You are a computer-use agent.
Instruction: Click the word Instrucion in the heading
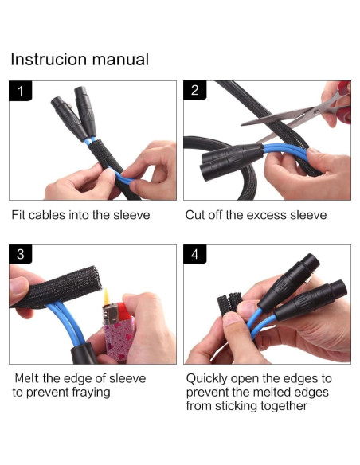pos(49,59)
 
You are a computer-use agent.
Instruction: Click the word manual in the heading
pos(120,59)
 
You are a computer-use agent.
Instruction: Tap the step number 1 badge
pos(20,91)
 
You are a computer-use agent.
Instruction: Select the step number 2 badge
pos(195,90)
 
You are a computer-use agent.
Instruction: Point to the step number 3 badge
pos(20,254)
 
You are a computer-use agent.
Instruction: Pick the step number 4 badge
pos(195,254)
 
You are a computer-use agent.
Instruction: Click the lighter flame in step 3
pos(106,297)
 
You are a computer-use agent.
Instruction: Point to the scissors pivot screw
pos(317,111)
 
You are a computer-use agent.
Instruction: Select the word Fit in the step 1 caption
pos(18,215)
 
